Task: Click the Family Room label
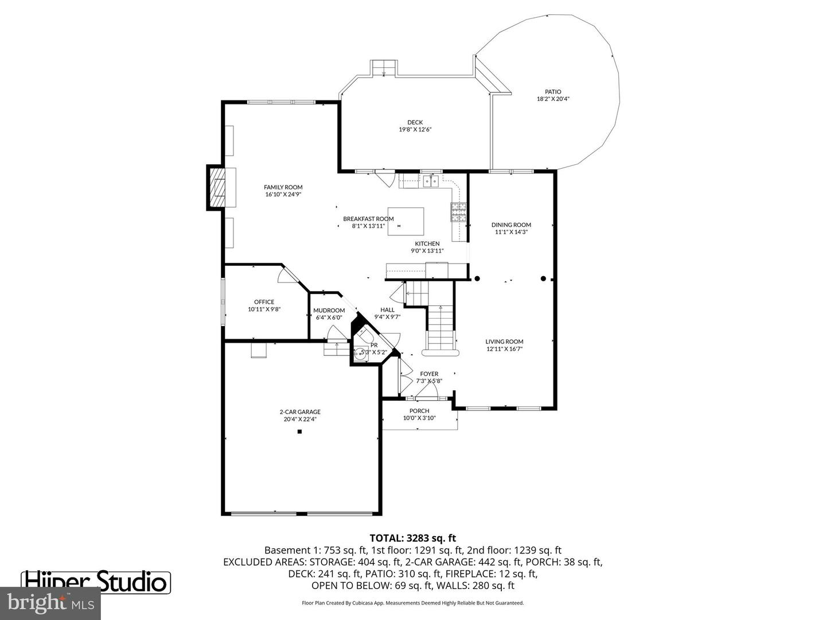[x=283, y=187]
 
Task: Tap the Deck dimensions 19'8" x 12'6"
[x=415, y=130]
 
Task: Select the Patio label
[x=553, y=92]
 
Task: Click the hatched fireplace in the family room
[x=217, y=187]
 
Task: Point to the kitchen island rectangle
[x=406, y=221]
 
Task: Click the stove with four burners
[x=458, y=212]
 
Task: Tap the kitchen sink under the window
[x=431, y=182]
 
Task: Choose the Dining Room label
[x=511, y=225]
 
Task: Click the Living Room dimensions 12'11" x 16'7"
[x=504, y=348]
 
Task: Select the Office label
[x=264, y=302]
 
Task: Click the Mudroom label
[x=329, y=311]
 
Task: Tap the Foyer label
[x=428, y=374]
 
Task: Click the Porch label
[x=419, y=410]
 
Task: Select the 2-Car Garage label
[x=300, y=412]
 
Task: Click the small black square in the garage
[x=299, y=432]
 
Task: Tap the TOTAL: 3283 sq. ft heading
[x=412, y=538]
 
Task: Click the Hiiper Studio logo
[x=96, y=582]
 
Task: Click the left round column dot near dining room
[x=477, y=279]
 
